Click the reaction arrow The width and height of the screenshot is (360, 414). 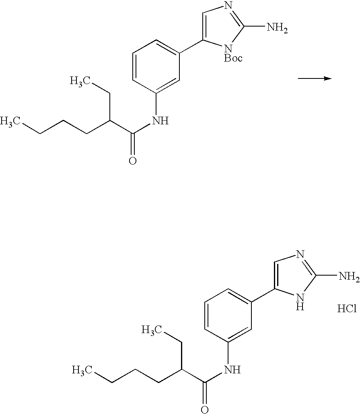click(x=314, y=79)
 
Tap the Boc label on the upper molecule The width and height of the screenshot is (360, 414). click(x=233, y=59)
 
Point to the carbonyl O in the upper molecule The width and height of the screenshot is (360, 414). click(x=132, y=161)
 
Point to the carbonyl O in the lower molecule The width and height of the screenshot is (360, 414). click(x=204, y=409)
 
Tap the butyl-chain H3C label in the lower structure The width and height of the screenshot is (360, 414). click(x=82, y=369)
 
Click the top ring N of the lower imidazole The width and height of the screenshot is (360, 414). click(x=300, y=254)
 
